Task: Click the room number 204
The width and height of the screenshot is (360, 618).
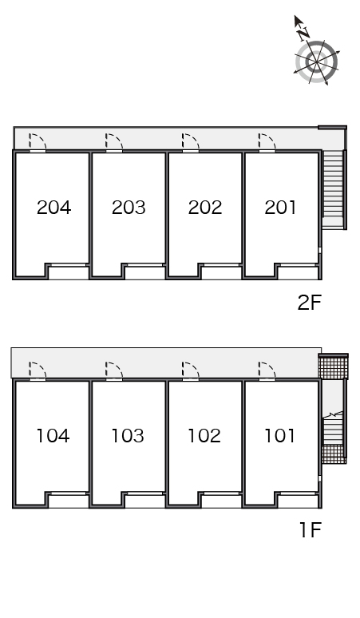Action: coord(54,208)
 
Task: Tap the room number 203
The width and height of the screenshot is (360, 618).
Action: coord(129,208)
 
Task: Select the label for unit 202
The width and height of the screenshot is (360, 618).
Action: coord(205,208)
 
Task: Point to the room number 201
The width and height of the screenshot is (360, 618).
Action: coord(280,208)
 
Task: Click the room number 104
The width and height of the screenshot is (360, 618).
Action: coord(53,435)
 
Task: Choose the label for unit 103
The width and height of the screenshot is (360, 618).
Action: coord(128,435)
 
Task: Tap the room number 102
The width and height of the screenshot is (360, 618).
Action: coord(204,435)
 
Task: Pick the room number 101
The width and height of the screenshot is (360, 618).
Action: coord(279,435)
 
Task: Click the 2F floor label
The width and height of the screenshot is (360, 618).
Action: coord(310,303)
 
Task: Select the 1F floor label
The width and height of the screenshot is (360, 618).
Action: coord(311,529)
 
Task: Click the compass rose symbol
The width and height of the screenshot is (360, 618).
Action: coord(316,61)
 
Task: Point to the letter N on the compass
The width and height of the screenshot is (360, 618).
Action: coord(303,34)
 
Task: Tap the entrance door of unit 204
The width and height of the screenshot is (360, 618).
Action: coord(38,142)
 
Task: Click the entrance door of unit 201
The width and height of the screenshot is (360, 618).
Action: coord(267,142)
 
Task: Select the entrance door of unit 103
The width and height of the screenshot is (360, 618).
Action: coord(114,370)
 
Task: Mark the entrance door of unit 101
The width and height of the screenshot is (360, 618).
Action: coord(267,370)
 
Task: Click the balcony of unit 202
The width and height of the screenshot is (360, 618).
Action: coord(221,272)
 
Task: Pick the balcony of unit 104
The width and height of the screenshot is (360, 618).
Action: coord(69,501)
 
